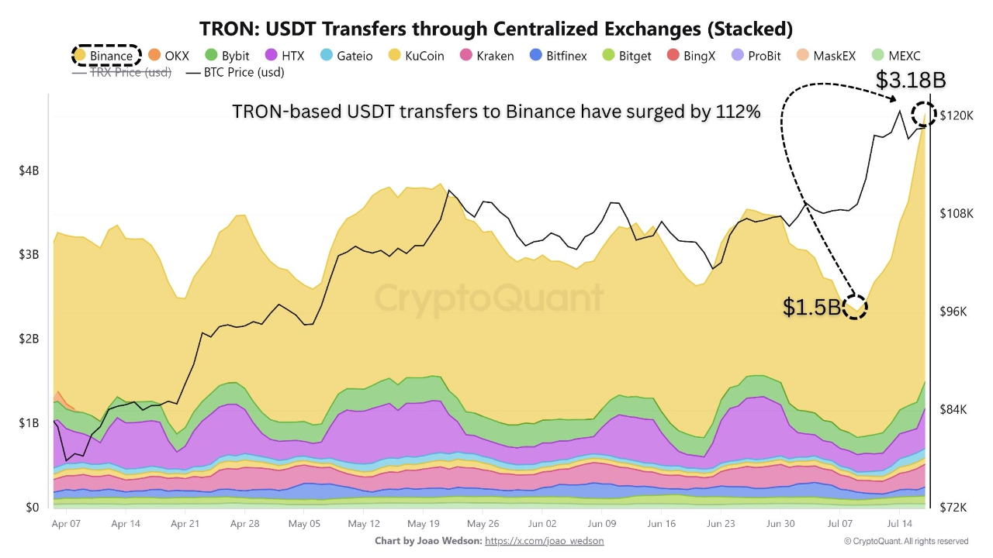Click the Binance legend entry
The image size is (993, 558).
(105, 56)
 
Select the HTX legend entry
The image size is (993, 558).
(285, 56)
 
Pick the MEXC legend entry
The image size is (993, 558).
(895, 56)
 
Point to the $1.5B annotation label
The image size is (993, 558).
(811, 308)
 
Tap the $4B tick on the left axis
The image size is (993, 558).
(29, 170)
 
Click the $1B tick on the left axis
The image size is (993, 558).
(29, 423)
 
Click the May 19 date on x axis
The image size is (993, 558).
(424, 524)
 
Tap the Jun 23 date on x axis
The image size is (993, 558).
(721, 524)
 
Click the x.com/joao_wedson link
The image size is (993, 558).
(544, 541)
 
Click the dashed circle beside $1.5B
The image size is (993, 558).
(855, 307)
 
